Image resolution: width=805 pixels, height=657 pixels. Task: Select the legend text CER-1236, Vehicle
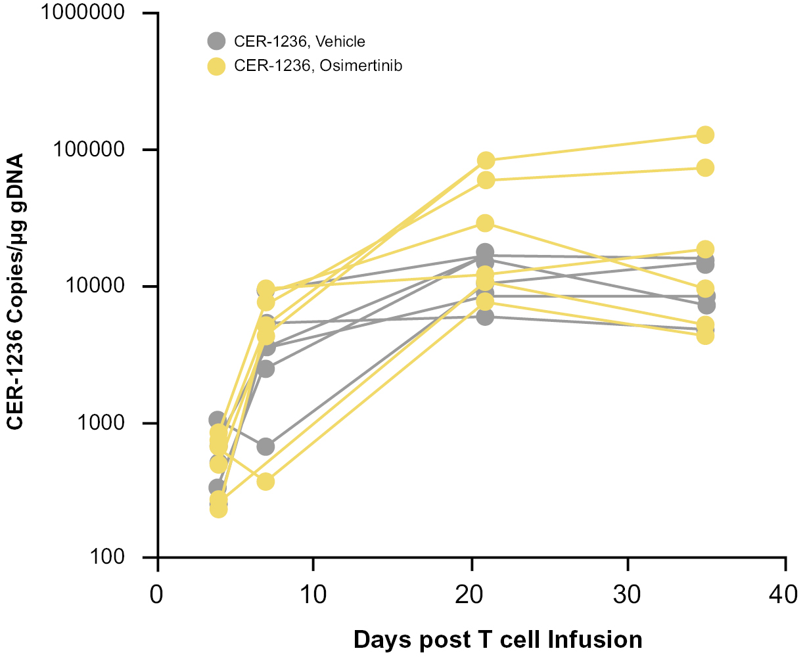pyautogui.click(x=299, y=41)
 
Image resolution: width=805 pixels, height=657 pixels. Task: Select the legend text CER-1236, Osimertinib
pyautogui.click(x=317, y=66)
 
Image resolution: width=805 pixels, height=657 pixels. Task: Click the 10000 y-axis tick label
pyautogui.click(x=101, y=286)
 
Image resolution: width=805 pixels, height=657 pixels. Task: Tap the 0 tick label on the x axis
pyautogui.click(x=157, y=595)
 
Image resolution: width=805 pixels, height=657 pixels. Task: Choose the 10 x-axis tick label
pyautogui.click(x=313, y=595)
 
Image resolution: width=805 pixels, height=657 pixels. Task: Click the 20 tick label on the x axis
pyautogui.click(x=471, y=595)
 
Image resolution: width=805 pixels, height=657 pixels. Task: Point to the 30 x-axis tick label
pyautogui.click(x=628, y=595)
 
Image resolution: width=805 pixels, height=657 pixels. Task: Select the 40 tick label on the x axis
pyautogui.click(x=785, y=595)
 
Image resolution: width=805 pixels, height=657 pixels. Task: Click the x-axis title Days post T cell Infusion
pyautogui.click(x=497, y=639)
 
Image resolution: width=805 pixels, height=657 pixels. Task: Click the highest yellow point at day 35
pyautogui.click(x=705, y=135)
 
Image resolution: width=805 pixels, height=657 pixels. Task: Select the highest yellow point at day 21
pyautogui.click(x=486, y=160)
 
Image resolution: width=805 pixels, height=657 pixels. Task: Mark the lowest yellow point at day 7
pyautogui.click(x=265, y=482)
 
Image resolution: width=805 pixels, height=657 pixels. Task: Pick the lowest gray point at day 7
pyautogui.click(x=265, y=447)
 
